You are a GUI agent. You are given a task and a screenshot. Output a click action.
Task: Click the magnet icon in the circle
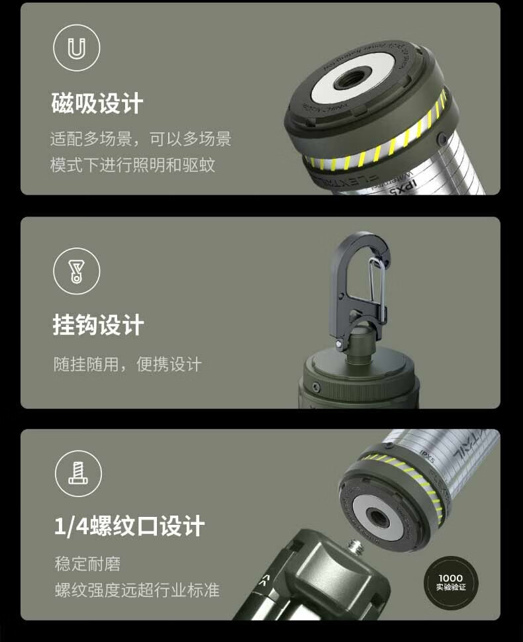tap(76, 48)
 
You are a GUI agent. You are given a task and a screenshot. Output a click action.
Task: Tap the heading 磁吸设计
tap(97, 104)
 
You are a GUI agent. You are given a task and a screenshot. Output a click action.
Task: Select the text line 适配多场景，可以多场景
tap(140, 139)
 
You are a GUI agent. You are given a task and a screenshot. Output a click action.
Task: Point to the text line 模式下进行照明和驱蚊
tap(132, 165)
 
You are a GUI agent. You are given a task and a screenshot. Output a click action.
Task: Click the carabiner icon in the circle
tap(76, 270)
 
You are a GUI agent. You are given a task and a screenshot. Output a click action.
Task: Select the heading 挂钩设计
tap(98, 326)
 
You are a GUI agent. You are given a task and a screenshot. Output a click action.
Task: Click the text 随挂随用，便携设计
tap(127, 364)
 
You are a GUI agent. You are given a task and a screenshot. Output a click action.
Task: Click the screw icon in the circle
tap(77, 473)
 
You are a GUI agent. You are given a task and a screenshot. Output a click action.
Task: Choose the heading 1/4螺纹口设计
tap(129, 527)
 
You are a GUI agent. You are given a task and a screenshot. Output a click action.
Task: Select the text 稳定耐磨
tap(87, 565)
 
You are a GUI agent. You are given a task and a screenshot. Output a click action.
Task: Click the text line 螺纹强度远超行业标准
tap(136, 590)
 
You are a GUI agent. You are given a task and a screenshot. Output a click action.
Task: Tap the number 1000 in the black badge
tap(451, 578)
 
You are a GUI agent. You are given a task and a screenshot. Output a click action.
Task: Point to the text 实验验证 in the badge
tap(451, 588)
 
